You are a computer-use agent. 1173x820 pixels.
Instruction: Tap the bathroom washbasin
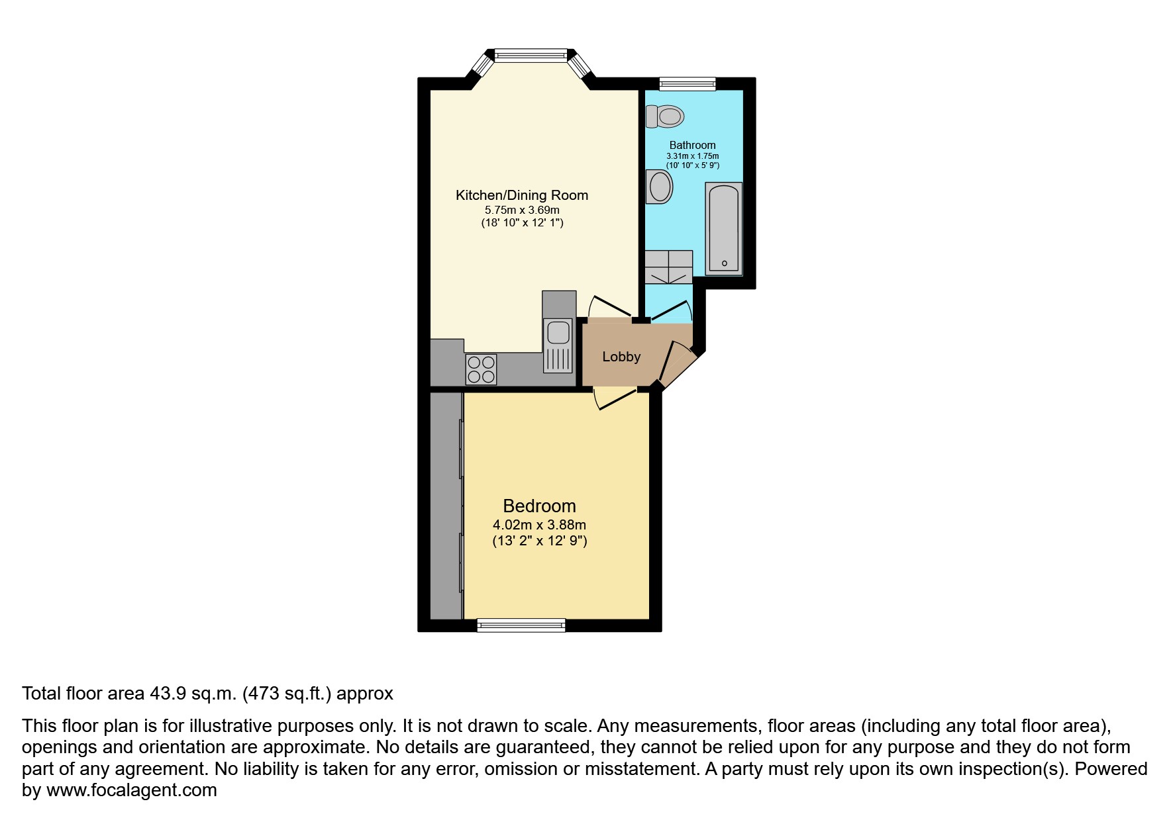pyautogui.click(x=659, y=187)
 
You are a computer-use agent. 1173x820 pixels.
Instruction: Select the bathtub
pyautogui.click(x=724, y=228)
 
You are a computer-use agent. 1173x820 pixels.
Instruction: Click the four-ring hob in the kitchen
pyautogui.click(x=482, y=369)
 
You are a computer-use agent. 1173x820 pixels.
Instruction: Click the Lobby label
pyautogui.click(x=621, y=357)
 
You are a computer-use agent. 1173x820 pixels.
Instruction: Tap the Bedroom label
pyautogui.click(x=539, y=506)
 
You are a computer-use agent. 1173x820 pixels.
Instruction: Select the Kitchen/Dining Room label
pyautogui.click(x=522, y=195)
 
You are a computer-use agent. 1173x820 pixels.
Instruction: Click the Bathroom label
pyautogui.click(x=692, y=145)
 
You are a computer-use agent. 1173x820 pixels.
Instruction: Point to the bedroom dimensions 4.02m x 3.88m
pyautogui.click(x=539, y=525)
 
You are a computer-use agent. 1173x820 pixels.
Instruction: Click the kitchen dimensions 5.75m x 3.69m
pyautogui.click(x=522, y=210)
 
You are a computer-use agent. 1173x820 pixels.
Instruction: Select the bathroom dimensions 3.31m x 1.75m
pyautogui.click(x=692, y=156)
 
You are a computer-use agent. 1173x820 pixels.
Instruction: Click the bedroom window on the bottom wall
pyautogui.click(x=521, y=624)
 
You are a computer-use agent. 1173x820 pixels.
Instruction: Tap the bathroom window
pyautogui.click(x=688, y=83)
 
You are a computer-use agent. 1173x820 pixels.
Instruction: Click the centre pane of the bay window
pyautogui.click(x=531, y=55)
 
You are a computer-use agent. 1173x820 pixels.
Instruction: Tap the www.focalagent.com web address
pyautogui.click(x=131, y=790)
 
